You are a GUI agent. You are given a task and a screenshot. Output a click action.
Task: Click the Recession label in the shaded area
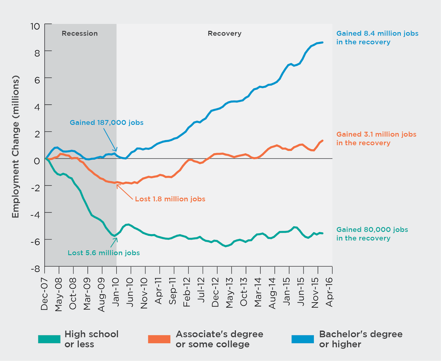pos(80,33)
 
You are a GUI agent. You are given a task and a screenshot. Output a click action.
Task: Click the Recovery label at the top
pos(224,33)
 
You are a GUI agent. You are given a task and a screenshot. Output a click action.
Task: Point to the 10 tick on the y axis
pos(35,26)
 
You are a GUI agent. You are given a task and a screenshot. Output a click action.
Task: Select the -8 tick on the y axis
pos(35,269)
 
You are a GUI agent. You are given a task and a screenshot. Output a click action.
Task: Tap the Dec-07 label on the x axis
pos(44,294)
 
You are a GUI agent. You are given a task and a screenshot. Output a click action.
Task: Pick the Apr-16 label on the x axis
pos(329,292)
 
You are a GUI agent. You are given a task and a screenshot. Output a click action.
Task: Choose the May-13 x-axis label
pos(230,293)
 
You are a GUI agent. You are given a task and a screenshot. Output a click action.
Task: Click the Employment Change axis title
pos(16,147)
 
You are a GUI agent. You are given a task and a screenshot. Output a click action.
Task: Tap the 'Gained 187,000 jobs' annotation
pos(107,122)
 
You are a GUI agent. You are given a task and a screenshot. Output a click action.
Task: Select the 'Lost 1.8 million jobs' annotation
pos(170,199)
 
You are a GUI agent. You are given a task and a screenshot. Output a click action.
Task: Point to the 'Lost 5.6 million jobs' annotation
pos(104,253)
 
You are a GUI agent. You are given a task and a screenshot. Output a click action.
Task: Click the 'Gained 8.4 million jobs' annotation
pos(377,38)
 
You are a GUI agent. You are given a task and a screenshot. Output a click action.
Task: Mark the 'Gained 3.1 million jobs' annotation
pos(376,138)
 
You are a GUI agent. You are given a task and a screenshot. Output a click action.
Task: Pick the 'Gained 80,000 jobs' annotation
pos(372,234)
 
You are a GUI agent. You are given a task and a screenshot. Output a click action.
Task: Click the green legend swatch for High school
pos(49,339)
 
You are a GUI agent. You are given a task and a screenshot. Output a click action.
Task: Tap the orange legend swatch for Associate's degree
pos(159,339)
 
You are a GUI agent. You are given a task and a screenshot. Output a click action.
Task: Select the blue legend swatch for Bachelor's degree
pos(303,339)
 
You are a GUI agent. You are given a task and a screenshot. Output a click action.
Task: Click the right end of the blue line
pos(322,42)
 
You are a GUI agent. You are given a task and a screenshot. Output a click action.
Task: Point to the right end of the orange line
pos(322,141)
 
